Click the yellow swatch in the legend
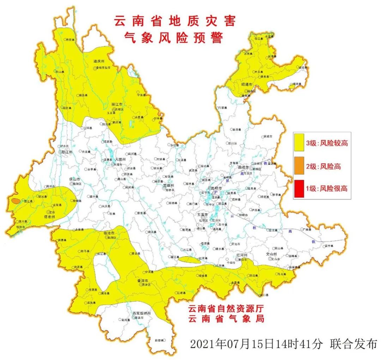point(300,143)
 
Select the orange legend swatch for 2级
point(300,166)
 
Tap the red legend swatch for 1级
point(300,188)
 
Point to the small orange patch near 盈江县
point(15,201)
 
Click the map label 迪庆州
point(99,61)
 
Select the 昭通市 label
point(247,85)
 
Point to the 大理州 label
point(119,160)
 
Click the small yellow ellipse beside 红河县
point(188,260)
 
